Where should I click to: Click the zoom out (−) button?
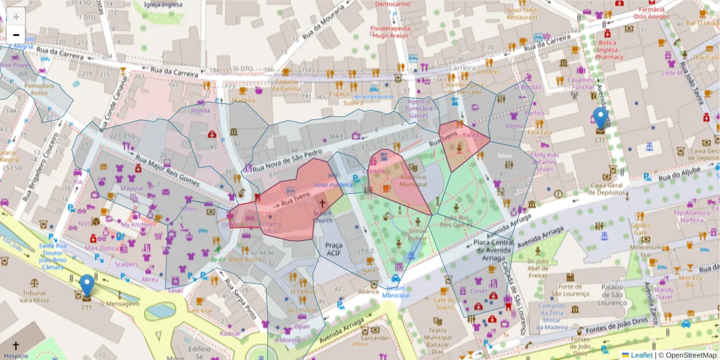16,35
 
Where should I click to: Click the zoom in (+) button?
16,17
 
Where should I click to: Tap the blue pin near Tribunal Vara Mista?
87,285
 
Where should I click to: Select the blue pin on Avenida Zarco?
600,118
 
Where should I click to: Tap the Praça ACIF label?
333,249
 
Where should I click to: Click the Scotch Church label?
323,217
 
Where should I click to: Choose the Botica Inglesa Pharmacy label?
610,50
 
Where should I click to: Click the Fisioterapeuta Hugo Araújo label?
390,32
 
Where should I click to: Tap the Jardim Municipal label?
395,292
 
